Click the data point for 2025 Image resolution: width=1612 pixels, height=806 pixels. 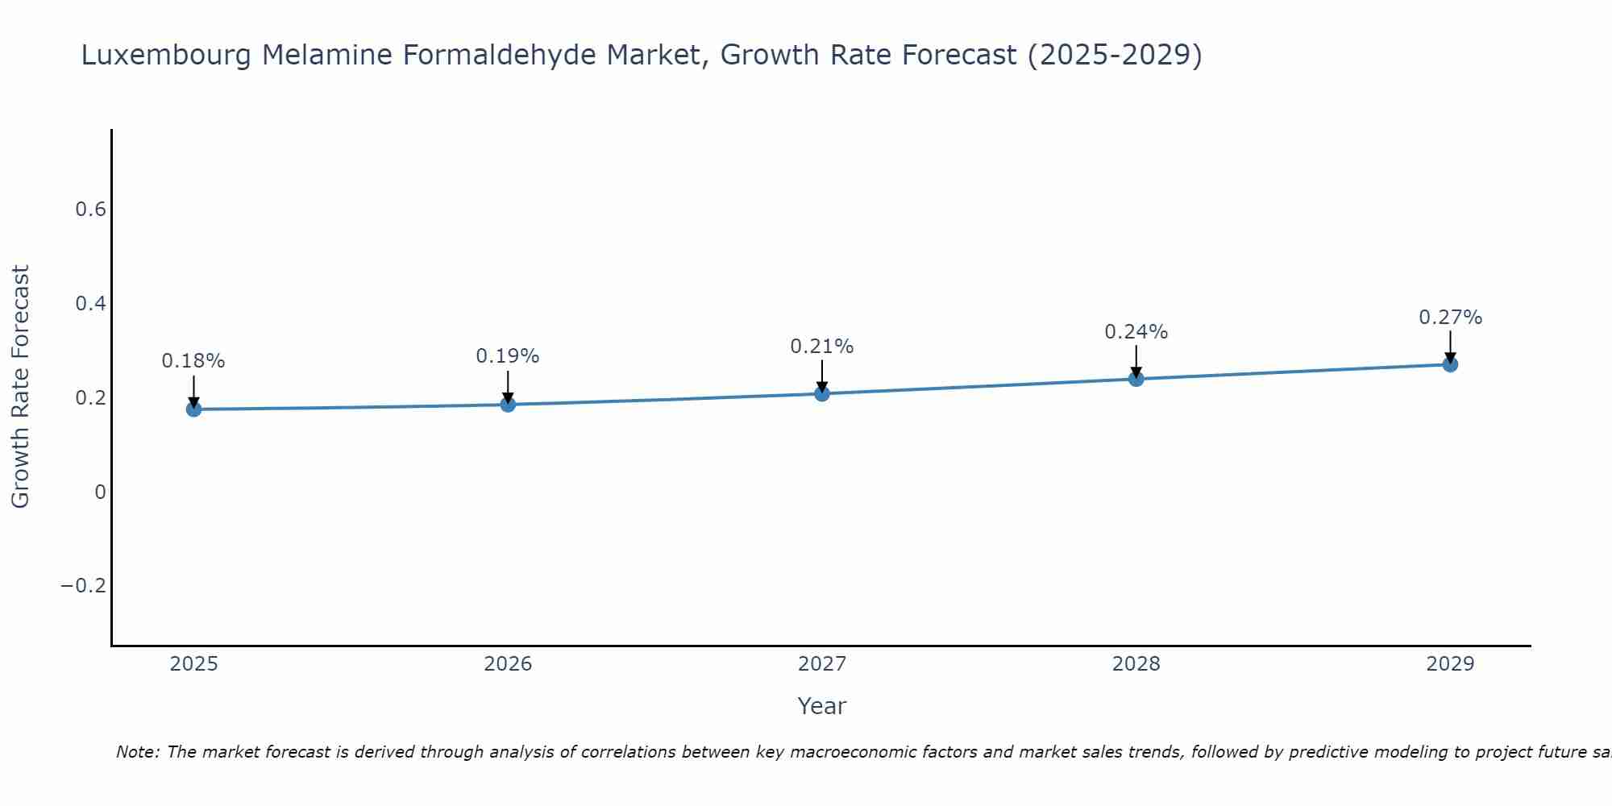(x=193, y=409)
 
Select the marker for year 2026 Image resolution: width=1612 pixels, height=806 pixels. (x=508, y=405)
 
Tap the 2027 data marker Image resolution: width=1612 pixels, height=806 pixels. (x=822, y=393)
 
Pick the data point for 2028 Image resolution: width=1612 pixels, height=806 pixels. (x=1136, y=379)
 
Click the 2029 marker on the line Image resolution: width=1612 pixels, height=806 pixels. (x=1450, y=364)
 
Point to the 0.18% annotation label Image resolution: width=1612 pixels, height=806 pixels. (x=193, y=361)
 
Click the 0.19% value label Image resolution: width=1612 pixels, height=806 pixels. (x=508, y=356)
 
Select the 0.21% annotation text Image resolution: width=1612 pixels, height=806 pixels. (x=822, y=347)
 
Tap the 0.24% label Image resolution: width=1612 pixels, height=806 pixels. (x=1136, y=332)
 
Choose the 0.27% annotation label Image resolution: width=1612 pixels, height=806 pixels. (x=1450, y=318)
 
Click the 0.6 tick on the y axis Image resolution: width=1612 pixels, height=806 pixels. (x=90, y=210)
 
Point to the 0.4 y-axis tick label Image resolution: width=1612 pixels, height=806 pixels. (x=90, y=304)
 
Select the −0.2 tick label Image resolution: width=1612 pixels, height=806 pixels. (x=84, y=586)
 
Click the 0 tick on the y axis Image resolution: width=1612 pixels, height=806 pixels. (x=100, y=492)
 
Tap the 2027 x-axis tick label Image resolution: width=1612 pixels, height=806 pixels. (x=822, y=664)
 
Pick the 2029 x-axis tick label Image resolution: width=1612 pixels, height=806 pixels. (x=1450, y=664)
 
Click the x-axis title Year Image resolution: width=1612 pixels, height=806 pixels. (x=822, y=706)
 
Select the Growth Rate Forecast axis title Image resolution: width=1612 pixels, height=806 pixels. (x=21, y=387)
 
